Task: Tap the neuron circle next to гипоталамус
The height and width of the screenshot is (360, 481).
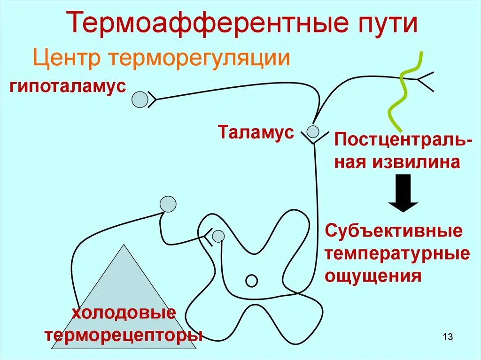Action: point(140,100)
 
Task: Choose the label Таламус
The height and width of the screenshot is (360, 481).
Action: point(256,132)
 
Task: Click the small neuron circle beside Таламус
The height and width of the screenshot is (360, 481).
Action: point(312,130)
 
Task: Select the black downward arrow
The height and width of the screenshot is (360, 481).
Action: point(403,193)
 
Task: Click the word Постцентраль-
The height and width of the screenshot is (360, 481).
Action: point(400,140)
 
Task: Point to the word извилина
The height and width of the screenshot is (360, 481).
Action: point(416,162)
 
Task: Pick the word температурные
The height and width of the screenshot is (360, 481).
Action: point(397,253)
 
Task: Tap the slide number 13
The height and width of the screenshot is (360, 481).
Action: point(447,337)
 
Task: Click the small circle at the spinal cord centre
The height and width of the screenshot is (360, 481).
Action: point(252,281)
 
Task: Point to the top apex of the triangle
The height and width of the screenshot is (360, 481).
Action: point(124,245)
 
